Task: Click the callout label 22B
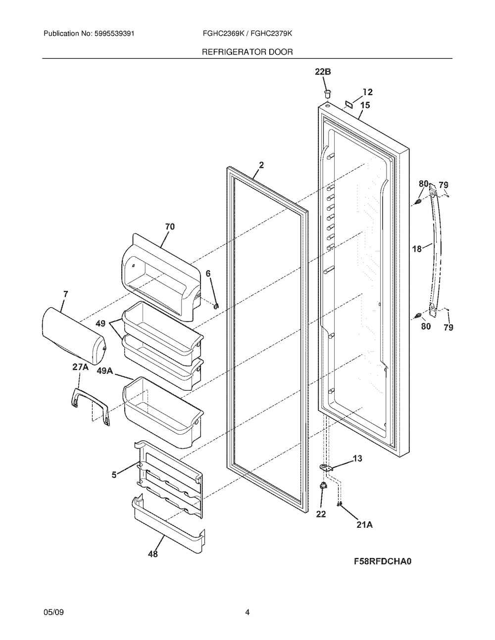click(323, 72)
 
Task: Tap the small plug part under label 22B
click(327, 94)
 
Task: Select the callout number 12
click(367, 92)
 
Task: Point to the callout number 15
click(365, 105)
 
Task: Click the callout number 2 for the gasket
click(261, 165)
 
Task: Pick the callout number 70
click(170, 227)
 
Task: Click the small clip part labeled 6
click(217, 307)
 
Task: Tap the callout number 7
click(65, 294)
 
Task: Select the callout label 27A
click(80, 367)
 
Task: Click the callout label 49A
click(105, 371)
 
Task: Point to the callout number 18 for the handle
click(417, 249)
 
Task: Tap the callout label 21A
click(364, 525)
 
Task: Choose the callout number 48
click(152, 554)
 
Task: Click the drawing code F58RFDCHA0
click(383, 570)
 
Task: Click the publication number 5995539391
click(114, 34)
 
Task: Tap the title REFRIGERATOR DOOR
click(247, 52)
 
